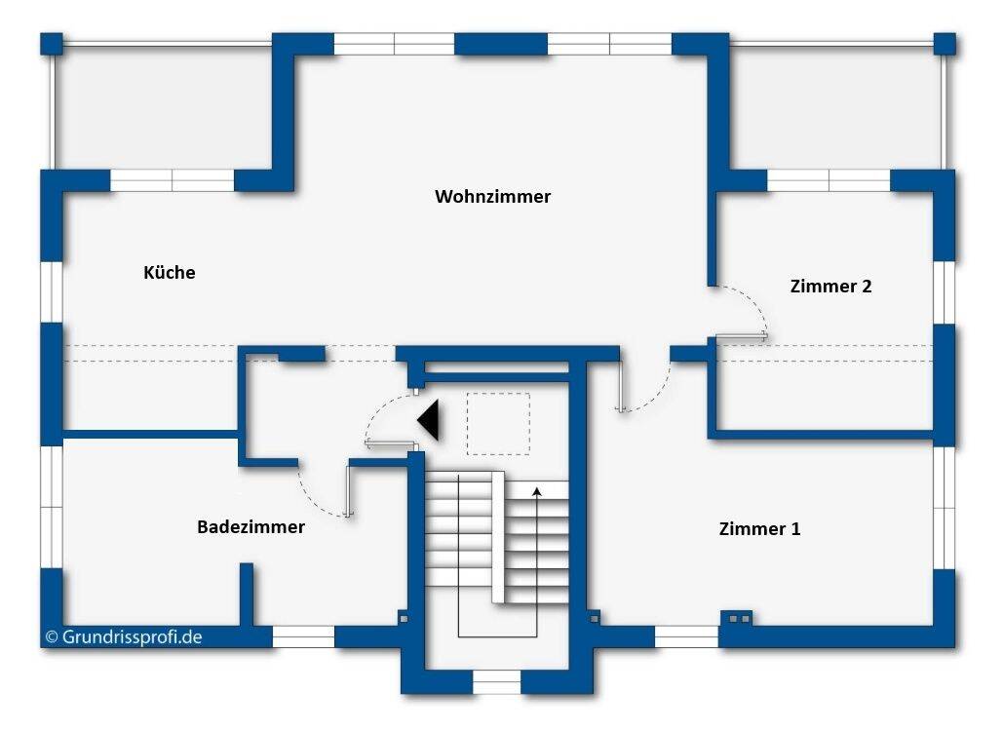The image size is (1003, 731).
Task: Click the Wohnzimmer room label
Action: (492, 197)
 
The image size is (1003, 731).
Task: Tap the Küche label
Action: (169, 273)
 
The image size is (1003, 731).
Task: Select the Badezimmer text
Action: (251, 527)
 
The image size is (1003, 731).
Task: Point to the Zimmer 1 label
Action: (759, 529)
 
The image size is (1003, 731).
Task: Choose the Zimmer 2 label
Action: (830, 287)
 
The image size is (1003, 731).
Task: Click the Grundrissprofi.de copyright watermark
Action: (123, 636)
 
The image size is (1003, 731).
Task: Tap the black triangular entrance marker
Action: (430, 421)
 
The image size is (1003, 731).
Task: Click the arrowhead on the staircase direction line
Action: (536, 491)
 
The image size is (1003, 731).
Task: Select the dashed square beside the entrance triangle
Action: (498, 423)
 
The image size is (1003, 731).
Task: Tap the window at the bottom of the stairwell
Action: (496, 680)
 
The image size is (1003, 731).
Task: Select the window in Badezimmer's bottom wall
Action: (302, 637)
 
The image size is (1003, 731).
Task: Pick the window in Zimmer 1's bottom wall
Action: (685, 637)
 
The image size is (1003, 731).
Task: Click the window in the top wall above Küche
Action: (172, 180)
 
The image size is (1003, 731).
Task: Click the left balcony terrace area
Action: (161, 107)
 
